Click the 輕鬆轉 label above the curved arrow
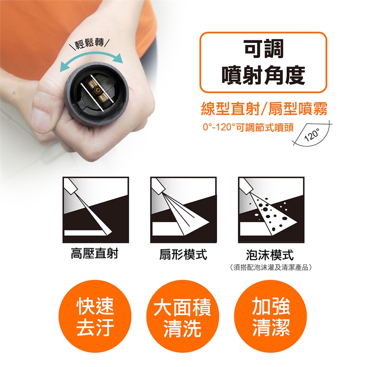[89, 44]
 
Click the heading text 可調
[263, 49]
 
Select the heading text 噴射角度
[263, 75]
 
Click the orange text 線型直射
[230, 109]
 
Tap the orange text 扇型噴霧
[298, 109]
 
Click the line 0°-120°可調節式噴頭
[248, 128]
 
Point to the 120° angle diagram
[313, 133]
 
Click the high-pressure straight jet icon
[96, 210]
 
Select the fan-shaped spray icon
[183, 210]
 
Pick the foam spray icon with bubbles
[271, 210]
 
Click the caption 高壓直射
[94, 254]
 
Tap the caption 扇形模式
[183, 255]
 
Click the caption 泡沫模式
[270, 255]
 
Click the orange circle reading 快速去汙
[95, 317]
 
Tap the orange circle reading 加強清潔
[271, 317]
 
